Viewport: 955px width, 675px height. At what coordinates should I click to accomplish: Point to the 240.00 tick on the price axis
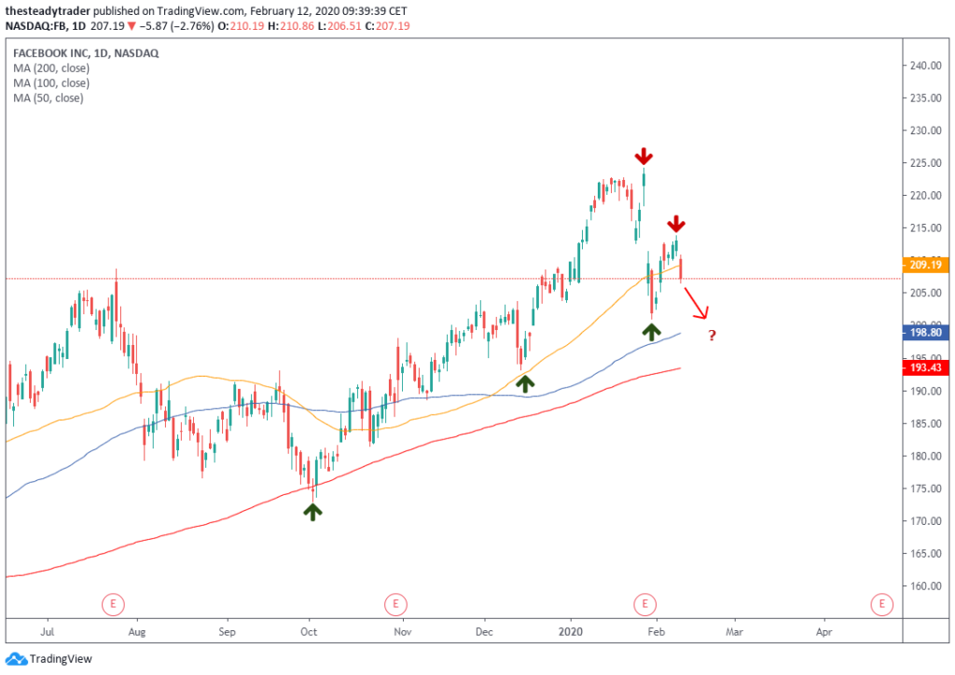925,66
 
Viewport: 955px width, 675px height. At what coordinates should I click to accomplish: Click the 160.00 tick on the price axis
925,586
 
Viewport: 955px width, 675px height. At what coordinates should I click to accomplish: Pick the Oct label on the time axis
309,631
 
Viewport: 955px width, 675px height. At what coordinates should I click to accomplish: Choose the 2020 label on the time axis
570,631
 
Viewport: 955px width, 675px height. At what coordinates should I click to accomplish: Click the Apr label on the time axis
824,631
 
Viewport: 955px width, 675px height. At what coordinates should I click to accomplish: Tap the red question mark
712,336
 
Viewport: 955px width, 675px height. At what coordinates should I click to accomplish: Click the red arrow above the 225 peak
644,156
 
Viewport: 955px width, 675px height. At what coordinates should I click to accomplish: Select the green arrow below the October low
312,510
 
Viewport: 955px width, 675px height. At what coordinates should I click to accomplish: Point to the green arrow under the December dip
526,381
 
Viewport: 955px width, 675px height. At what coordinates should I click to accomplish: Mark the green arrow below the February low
652,330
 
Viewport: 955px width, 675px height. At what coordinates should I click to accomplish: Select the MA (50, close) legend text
48,98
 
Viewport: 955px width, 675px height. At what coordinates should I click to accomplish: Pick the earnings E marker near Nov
395,604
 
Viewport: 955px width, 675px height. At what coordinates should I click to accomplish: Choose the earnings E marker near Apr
881,604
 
